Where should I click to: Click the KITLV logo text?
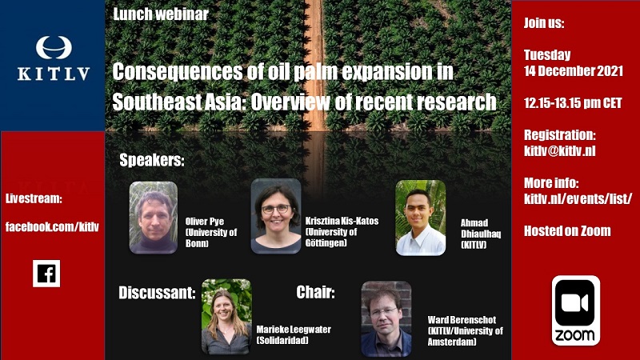pyautogui.click(x=54, y=74)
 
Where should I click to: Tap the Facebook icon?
pyautogui.click(x=46, y=274)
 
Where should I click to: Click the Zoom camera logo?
pyautogui.click(x=575, y=310)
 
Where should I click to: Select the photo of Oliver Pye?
pyautogui.click(x=154, y=218)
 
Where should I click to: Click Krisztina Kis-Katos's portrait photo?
pyautogui.click(x=276, y=216)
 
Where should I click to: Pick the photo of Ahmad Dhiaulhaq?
pyautogui.click(x=421, y=218)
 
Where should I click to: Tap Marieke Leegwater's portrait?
pyautogui.click(x=226, y=316)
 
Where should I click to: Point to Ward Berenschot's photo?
pyautogui.click(x=386, y=318)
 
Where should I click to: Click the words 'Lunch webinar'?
pyautogui.click(x=161, y=14)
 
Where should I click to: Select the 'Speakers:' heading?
pyautogui.click(x=152, y=160)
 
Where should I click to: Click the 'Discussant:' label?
pyautogui.click(x=157, y=293)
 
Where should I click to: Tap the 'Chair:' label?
pyautogui.click(x=315, y=292)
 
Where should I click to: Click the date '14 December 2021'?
pyautogui.click(x=574, y=70)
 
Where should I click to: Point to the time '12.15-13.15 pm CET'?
pyautogui.click(x=573, y=103)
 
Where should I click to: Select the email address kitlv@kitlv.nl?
pyautogui.click(x=559, y=151)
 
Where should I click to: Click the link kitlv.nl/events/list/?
pyautogui.click(x=578, y=198)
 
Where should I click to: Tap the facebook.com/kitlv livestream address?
pyautogui.click(x=52, y=226)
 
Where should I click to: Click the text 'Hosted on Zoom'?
pyautogui.click(x=567, y=231)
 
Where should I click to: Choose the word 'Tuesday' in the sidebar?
pyautogui.click(x=547, y=54)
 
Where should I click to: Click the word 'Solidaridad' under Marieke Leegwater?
pyautogui.click(x=282, y=340)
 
